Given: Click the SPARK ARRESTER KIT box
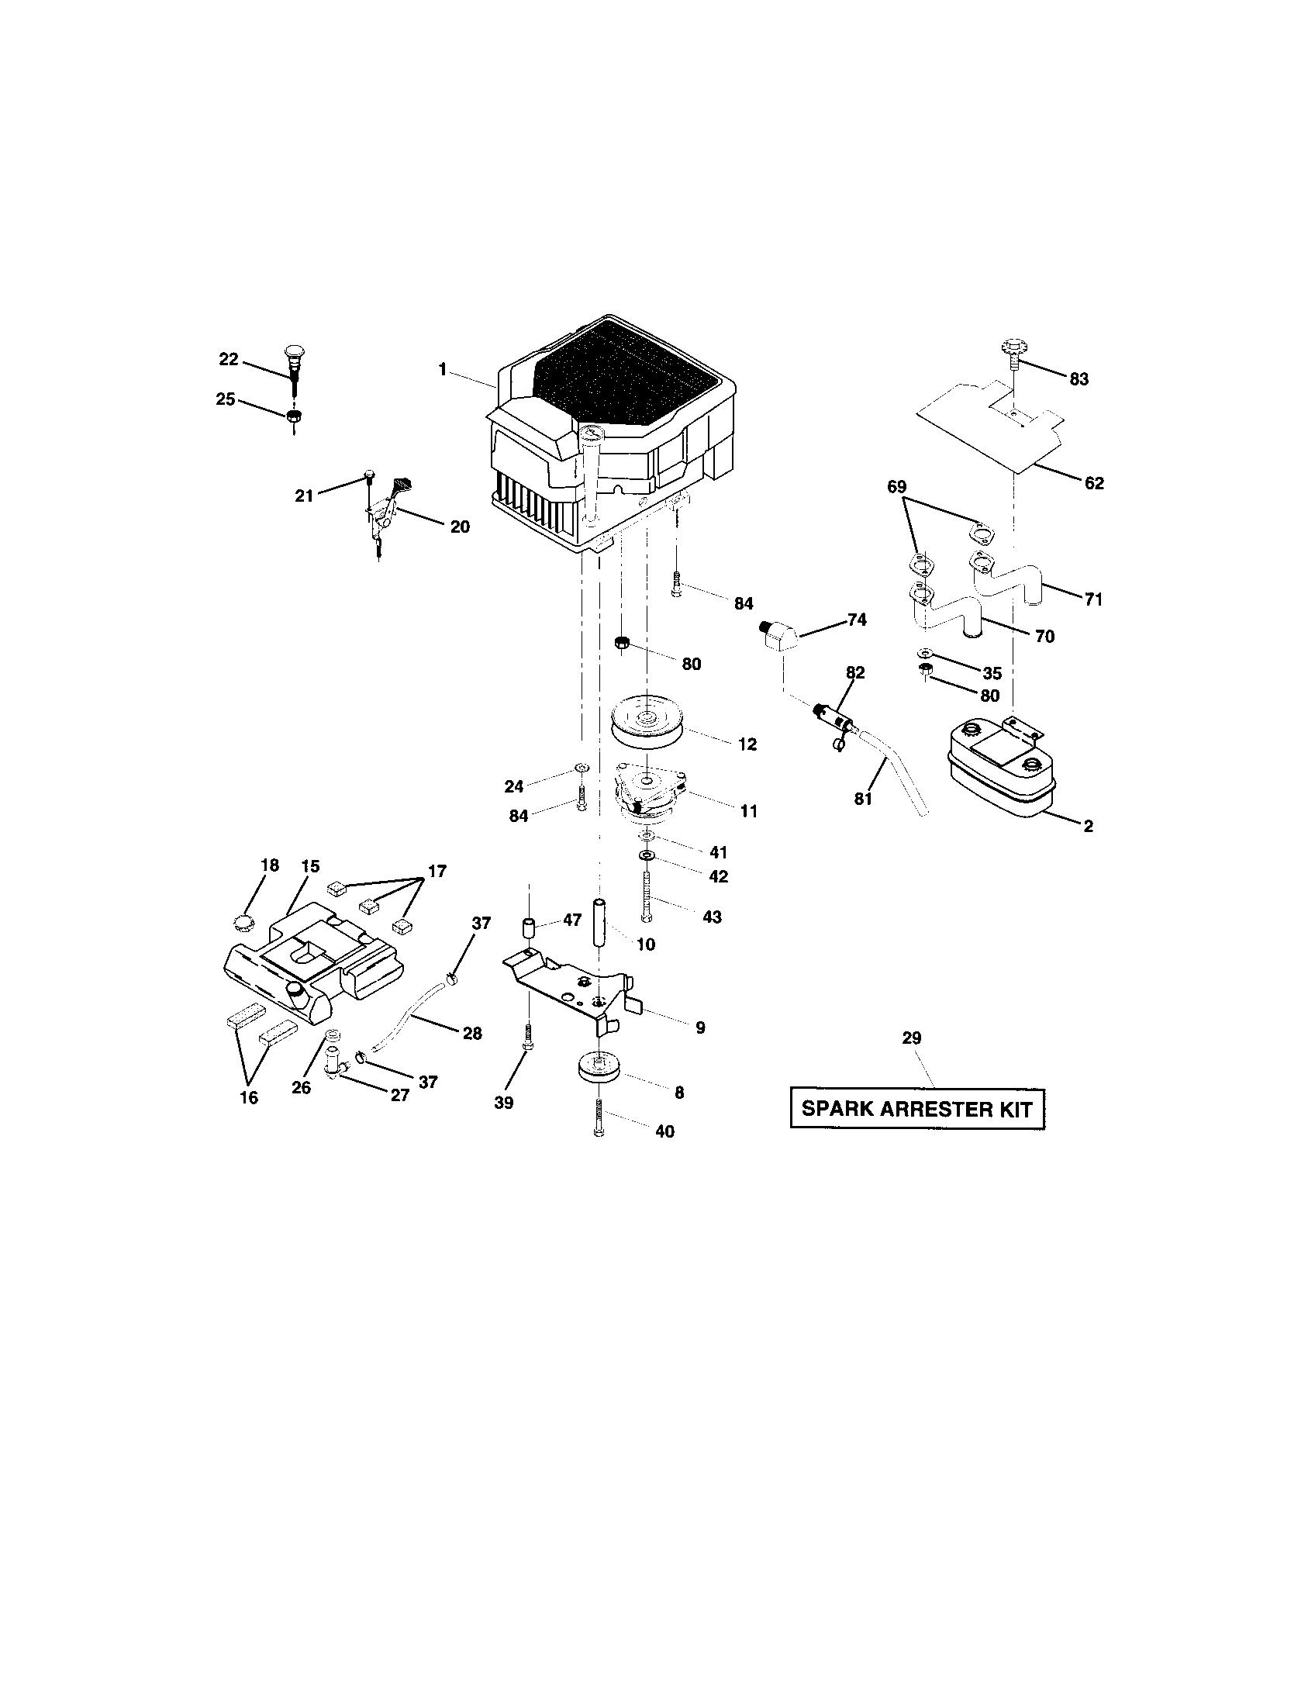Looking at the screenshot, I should [x=916, y=1108].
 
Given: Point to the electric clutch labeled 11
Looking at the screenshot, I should [x=650, y=793].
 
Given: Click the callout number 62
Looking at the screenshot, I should [x=1094, y=484].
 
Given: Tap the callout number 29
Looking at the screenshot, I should [x=911, y=1038].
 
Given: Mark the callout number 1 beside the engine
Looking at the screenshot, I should [x=443, y=369].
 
